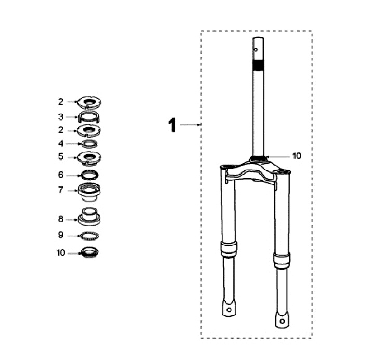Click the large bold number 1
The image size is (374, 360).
[172, 125]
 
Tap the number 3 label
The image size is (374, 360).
[61, 117]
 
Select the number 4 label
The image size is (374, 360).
[61, 143]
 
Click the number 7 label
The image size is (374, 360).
[61, 190]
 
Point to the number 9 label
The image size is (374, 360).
[61, 235]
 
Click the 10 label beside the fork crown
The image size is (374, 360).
[297, 156]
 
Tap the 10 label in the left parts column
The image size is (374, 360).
[61, 252]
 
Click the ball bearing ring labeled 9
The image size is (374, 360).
[89, 236]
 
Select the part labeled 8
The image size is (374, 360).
[89, 217]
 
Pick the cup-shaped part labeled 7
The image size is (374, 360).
[89, 192]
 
